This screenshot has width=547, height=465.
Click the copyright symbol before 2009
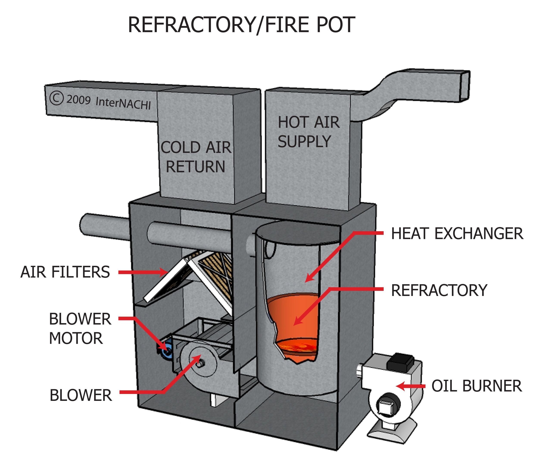click(x=56, y=98)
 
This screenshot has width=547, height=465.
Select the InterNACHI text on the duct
click(x=123, y=103)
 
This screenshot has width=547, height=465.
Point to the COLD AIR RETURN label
click(x=195, y=157)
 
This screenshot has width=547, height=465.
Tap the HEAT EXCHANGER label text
click(x=457, y=234)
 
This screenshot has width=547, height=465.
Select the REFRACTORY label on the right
click(x=439, y=290)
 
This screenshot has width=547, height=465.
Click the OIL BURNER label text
click(x=476, y=386)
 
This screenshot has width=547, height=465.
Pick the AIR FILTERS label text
click(x=65, y=272)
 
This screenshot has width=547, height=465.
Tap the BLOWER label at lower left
click(x=81, y=395)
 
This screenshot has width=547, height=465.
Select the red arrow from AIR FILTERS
click(x=142, y=272)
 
